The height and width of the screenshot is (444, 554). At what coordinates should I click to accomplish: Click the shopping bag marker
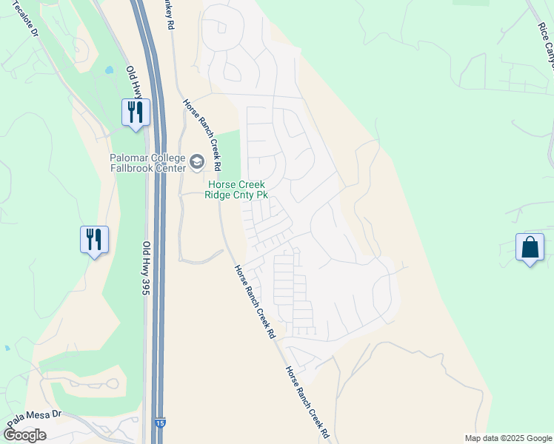pyautogui.click(x=530, y=247)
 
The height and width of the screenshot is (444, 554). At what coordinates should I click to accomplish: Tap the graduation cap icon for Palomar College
pyautogui.click(x=197, y=161)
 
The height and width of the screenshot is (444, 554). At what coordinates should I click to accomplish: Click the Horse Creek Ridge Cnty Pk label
pyautogui.click(x=237, y=190)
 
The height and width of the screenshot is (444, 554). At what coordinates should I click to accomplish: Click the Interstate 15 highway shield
pyautogui.click(x=160, y=423)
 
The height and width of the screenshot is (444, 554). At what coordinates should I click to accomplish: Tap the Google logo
pyautogui.click(x=24, y=435)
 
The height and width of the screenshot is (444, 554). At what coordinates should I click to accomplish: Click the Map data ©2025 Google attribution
pyautogui.click(x=508, y=438)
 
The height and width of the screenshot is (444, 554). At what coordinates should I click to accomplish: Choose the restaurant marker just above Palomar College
pyautogui.click(x=136, y=112)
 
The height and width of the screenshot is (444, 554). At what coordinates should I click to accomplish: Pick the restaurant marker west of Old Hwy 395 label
pyautogui.click(x=95, y=240)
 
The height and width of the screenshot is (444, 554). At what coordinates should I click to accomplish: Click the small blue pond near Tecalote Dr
pyautogui.click(x=110, y=70)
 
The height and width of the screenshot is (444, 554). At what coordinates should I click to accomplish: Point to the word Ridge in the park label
pyautogui.click(x=224, y=195)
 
